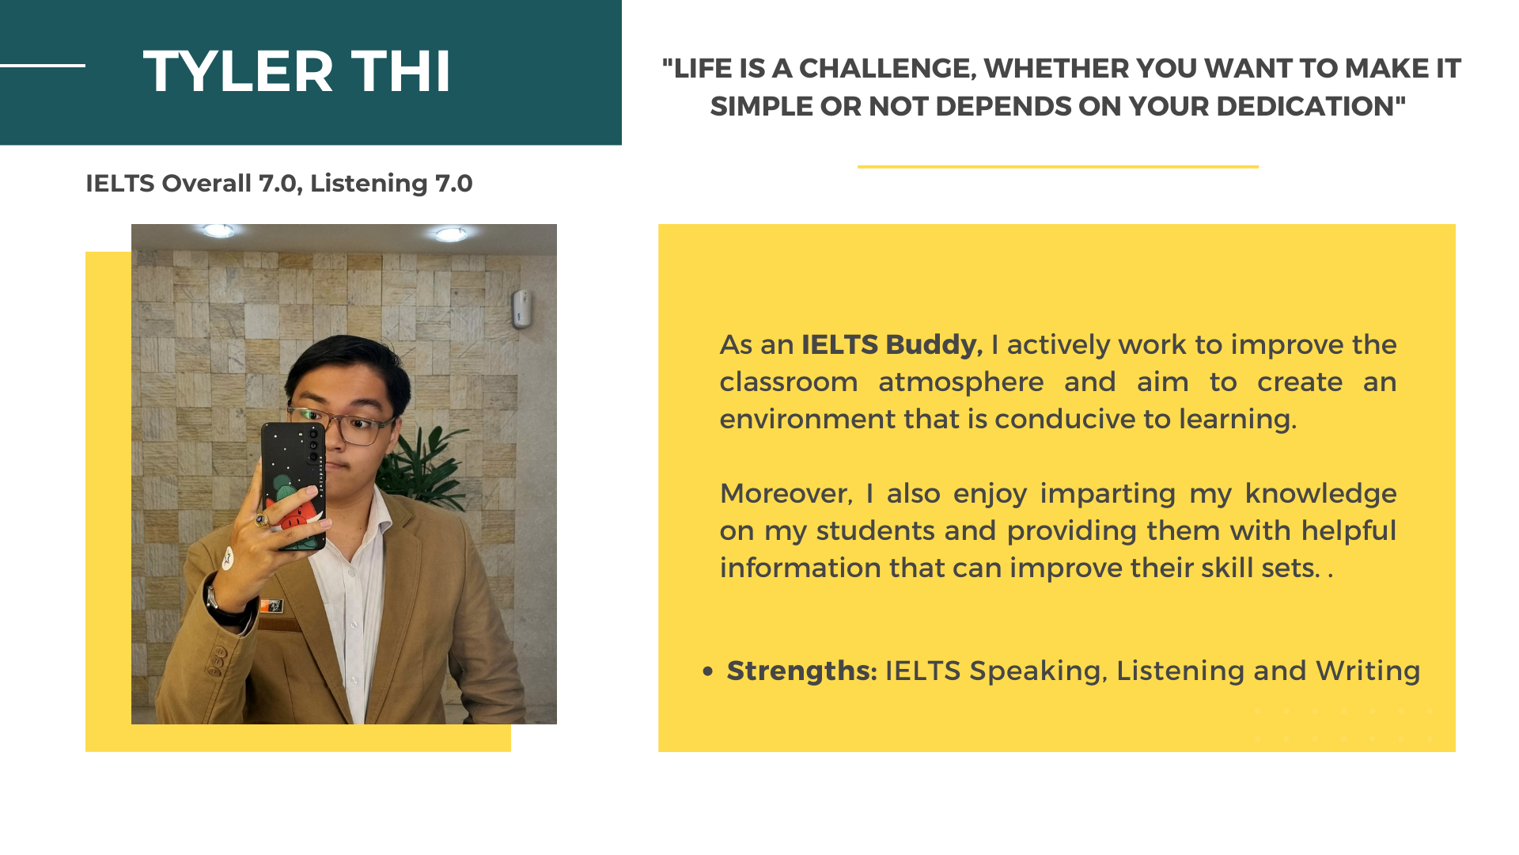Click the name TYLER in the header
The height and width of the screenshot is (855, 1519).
[238, 71]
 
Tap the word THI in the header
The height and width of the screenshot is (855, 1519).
[401, 71]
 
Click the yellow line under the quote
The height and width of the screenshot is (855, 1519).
[1058, 166]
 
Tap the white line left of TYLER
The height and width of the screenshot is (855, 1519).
[43, 65]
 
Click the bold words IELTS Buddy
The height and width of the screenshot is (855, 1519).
[892, 345]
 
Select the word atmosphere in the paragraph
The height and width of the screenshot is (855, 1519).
[960, 382]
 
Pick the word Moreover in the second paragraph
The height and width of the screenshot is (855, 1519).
[786, 494]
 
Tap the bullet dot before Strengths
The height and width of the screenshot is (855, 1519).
[708, 672]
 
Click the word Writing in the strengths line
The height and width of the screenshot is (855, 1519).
[1368, 671]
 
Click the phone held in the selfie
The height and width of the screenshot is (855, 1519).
[293, 485]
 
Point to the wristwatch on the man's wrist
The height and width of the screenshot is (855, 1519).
[221, 602]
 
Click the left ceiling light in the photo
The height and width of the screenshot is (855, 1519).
[218, 231]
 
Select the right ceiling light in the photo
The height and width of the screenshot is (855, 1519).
[451, 234]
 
